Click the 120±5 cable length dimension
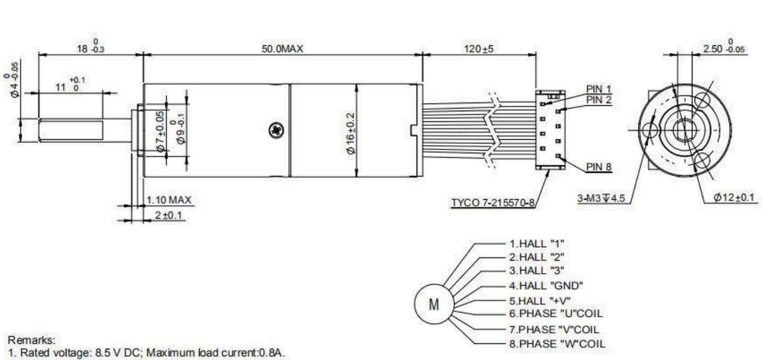(479, 49)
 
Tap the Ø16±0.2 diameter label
(351, 132)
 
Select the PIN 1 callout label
(600, 89)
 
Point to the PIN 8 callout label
(599, 167)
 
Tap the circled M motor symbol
(433, 304)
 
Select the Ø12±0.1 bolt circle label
(736, 199)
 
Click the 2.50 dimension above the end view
(723, 49)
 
